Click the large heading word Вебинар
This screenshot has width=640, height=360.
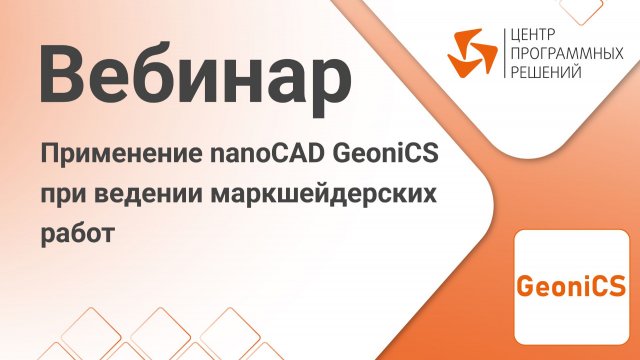pyautogui.click(x=195, y=78)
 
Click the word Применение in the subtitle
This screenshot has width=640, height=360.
pyautogui.click(x=121, y=154)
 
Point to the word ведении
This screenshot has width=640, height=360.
pyautogui.click(x=148, y=194)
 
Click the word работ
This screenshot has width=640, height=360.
pyautogui.click(x=78, y=233)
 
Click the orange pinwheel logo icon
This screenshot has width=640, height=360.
pyautogui.click(x=473, y=53)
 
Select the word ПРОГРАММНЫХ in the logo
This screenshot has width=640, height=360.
pyautogui.click(x=567, y=54)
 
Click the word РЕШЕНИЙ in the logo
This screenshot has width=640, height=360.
pyautogui.click(x=546, y=72)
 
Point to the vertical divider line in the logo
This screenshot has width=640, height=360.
pyautogui.click(x=505, y=53)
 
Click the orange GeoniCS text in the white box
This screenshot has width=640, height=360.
pyautogui.click(x=571, y=286)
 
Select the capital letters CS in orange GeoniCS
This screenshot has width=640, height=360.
pyautogui.click(x=609, y=286)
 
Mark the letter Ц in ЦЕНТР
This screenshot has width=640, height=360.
pyautogui.click(x=516, y=36)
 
